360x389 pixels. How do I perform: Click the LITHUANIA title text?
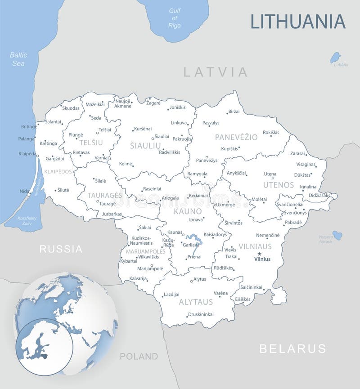click(x=297, y=21)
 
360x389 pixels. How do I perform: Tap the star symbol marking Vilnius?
click(x=259, y=254)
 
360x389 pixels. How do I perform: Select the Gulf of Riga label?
click(x=174, y=18)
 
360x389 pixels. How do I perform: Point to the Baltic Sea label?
click(x=18, y=59)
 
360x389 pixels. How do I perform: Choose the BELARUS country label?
click(x=292, y=348)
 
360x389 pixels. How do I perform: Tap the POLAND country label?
click(x=139, y=356)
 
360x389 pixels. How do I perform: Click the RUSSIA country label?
click(x=61, y=249)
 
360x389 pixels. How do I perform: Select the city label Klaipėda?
click(x=27, y=153)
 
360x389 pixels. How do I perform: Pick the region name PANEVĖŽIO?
click(x=236, y=137)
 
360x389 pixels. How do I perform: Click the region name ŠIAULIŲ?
click(x=145, y=145)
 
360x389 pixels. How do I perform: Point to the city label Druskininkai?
click(x=201, y=314)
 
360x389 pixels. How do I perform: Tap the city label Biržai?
click(x=234, y=111)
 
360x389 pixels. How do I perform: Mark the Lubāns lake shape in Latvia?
click(x=335, y=58)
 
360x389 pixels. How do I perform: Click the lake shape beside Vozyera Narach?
click(x=337, y=235)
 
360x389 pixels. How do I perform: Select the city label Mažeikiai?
click(x=95, y=104)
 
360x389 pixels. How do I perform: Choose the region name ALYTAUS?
click(x=196, y=302)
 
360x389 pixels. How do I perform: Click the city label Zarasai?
click(x=297, y=153)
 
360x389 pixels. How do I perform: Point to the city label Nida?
click(x=25, y=191)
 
